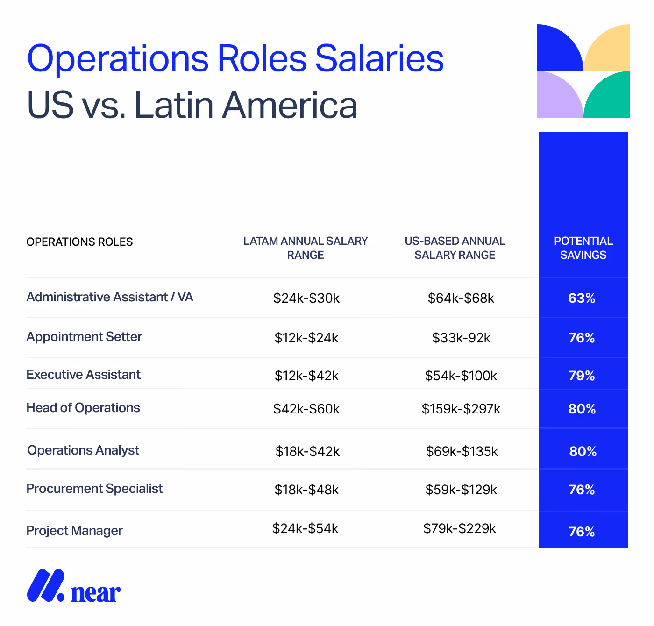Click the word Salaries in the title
pos(379,59)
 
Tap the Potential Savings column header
pos(583,248)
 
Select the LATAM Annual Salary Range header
pos(306,248)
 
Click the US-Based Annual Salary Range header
pos(455,248)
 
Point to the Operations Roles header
pos(79,242)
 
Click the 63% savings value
pos(582,299)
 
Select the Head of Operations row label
pos(83,408)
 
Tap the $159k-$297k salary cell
pos(461,409)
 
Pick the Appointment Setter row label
pos(84,337)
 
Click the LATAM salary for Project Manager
pos(306,529)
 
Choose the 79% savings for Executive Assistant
pos(582,376)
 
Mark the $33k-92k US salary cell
pos(461,338)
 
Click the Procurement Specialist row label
pos(94,489)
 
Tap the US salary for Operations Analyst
pos(462,452)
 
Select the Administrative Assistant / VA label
pos(110,297)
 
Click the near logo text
pos(95,592)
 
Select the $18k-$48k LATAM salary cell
pos(306,490)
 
